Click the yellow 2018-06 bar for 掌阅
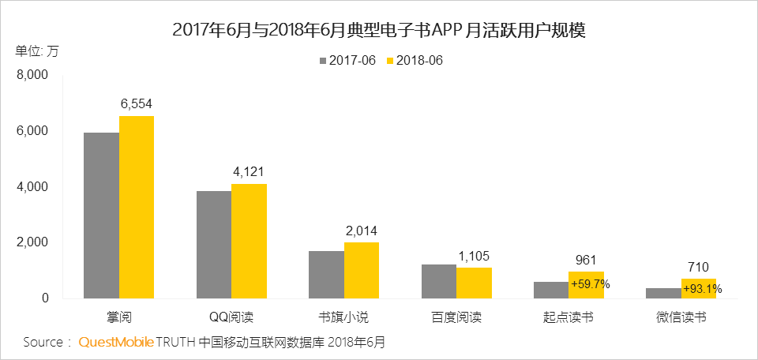pyautogui.click(x=137, y=208)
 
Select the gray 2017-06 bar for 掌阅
pyautogui.click(x=102, y=216)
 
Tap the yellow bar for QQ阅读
pyautogui.click(x=249, y=242)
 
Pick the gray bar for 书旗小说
pyautogui.click(x=326, y=275)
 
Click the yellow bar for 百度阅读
pyautogui.click(x=474, y=283)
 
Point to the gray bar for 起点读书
pyautogui.click(x=550, y=291)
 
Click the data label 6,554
pyautogui.click(x=137, y=103)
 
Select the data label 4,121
pyautogui.click(x=249, y=171)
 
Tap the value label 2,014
pyautogui.click(x=362, y=230)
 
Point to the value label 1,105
pyautogui.click(x=474, y=256)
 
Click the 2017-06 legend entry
pyautogui.click(x=347, y=60)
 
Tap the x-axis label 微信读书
pyautogui.click(x=681, y=318)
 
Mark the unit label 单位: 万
pyautogui.click(x=36, y=51)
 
